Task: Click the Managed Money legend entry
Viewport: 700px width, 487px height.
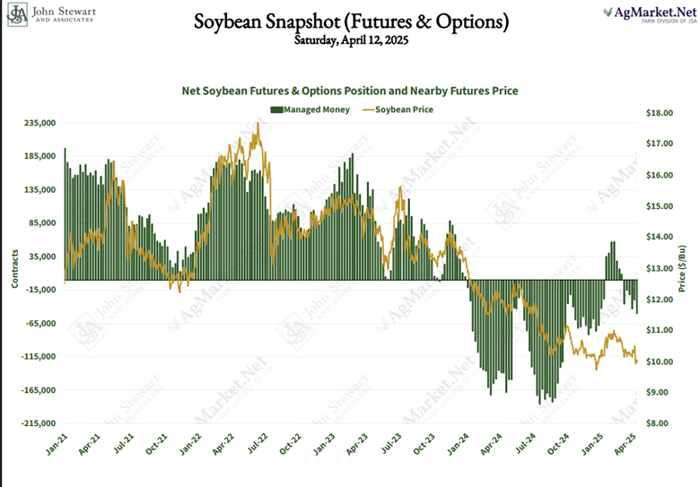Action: (x=305, y=109)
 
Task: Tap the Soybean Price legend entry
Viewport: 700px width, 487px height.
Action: (x=400, y=109)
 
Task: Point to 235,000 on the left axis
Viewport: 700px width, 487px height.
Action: (x=39, y=124)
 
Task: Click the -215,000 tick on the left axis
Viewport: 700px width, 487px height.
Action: (x=37, y=423)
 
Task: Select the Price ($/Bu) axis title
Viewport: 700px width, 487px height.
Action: (x=683, y=268)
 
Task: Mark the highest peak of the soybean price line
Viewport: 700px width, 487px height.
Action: (x=258, y=123)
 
